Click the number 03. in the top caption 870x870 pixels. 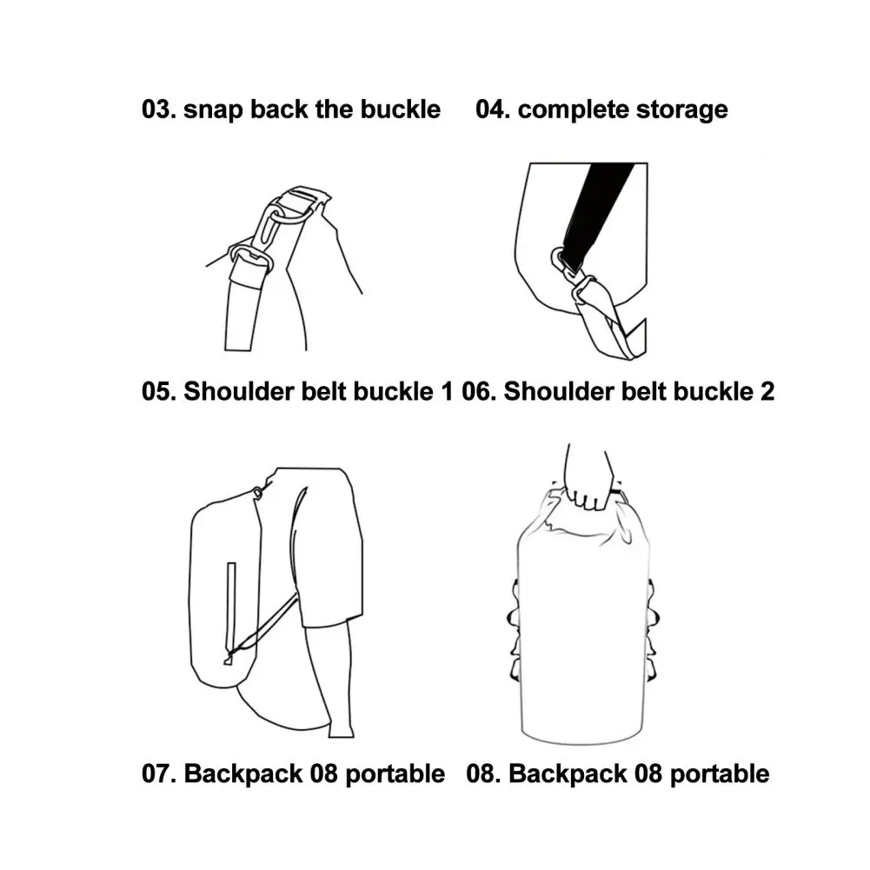(159, 110)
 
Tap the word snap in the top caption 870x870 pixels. (213, 110)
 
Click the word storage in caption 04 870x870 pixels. (682, 110)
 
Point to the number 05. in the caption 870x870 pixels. (159, 391)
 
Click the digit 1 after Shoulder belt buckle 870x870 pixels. (446, 391)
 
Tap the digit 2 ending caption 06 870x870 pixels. (767, 391)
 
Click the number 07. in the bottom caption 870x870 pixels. (159, 774)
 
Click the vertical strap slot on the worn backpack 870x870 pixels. (230, 609)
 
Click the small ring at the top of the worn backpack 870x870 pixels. (257, 492)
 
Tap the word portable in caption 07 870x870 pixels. (395, 775)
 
